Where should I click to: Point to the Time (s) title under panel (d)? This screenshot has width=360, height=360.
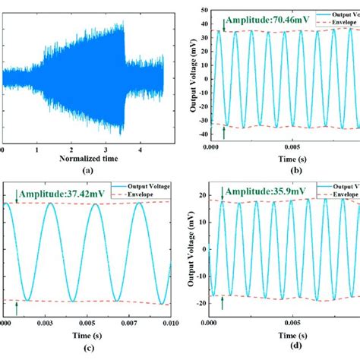tap(285, 335)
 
